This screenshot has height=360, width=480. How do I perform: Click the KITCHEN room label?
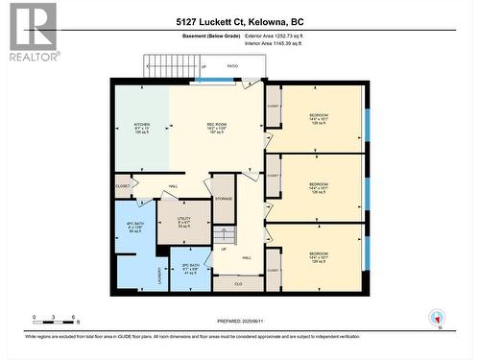pyautogui.click(x=142, y=124)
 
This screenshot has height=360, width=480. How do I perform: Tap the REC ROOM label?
pyautogui.click(x=216, y=124)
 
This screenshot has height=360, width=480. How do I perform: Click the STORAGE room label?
pyautogui.click(x=224, y=199)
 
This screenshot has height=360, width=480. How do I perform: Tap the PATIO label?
pyautogui.click(x=231, y=67)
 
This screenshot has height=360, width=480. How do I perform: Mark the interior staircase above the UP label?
pyautogui.click(x=224, y=234)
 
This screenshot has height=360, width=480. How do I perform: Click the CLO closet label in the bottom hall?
pyautogui.click(x=238, y=283)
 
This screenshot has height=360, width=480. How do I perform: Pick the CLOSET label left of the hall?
pyautogui.click(x=123, y=184)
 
